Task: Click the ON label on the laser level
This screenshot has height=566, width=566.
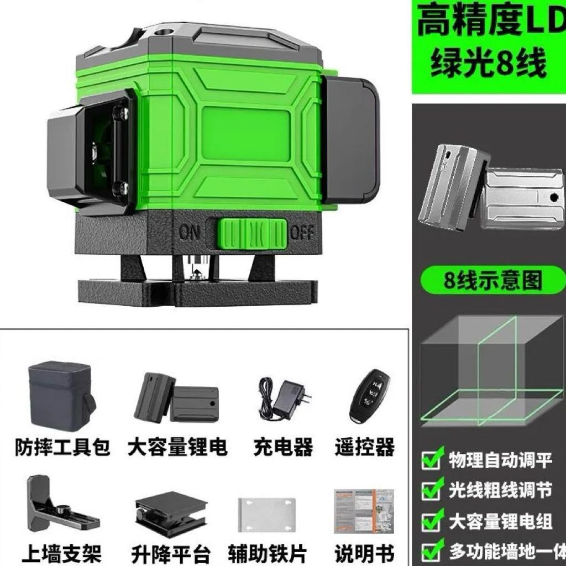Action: [189, 232]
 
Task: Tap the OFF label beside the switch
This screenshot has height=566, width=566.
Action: [302, 233]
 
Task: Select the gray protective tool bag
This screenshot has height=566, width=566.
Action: [61, 396]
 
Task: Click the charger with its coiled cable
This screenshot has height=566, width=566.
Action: [285, 399]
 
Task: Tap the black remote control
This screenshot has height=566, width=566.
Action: [369, 396]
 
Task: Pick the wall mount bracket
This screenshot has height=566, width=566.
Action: [60, 506]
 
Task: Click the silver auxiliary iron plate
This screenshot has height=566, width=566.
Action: [267, 515]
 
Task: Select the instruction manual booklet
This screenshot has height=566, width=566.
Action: [364, 511]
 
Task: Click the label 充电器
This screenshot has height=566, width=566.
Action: [283, 447]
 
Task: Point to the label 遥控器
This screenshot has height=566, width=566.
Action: [365, 447]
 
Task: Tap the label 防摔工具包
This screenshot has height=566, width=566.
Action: [62, 447]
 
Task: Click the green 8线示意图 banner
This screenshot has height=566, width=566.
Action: [492, 280]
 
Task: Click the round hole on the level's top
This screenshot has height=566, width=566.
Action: [165, 32]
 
